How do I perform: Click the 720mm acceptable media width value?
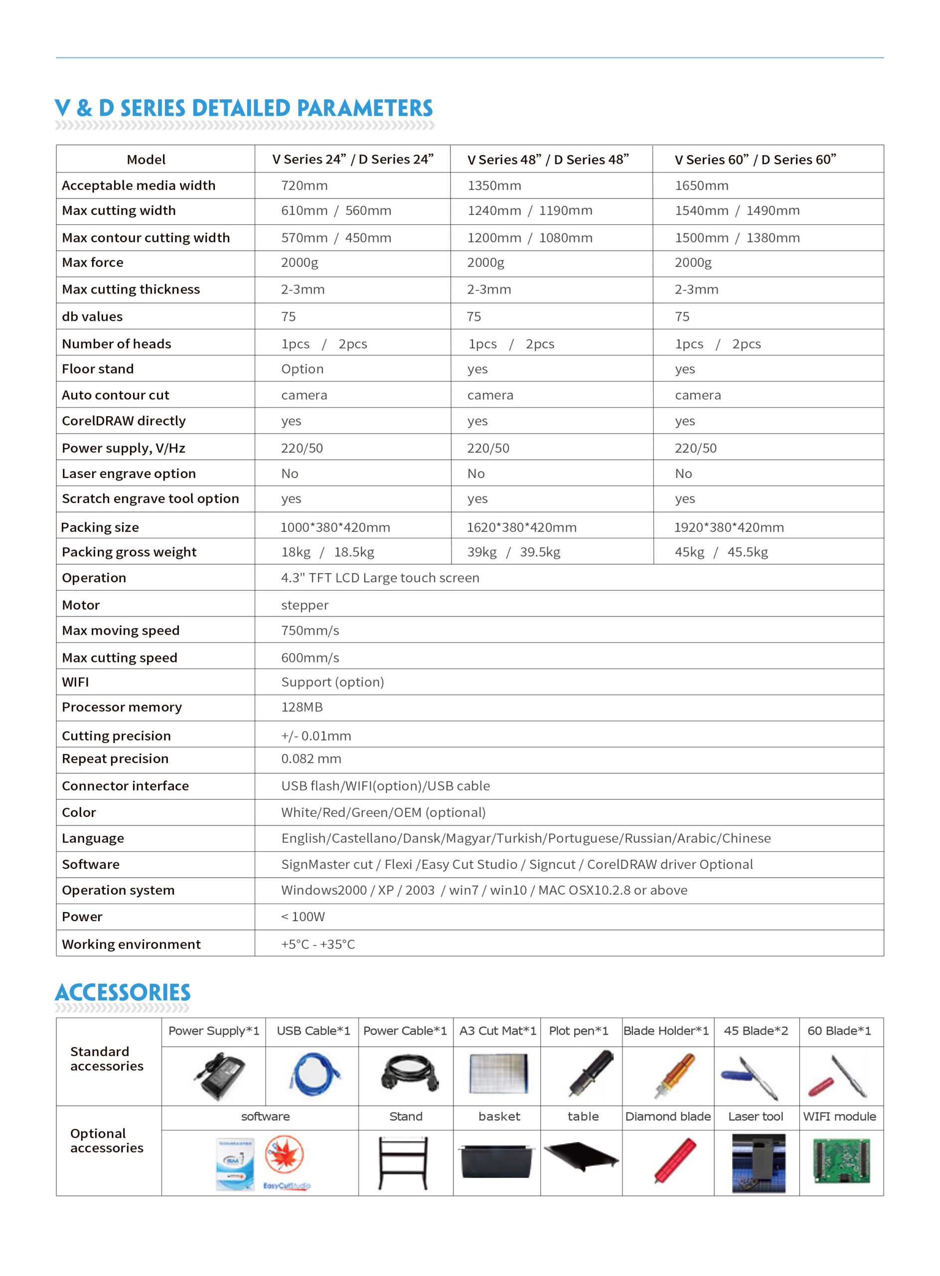[304, 185]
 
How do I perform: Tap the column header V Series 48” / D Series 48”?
[547, 159]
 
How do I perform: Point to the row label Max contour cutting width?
[146, 238]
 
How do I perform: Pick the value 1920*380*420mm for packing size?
[728, 527]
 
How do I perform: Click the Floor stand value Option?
[302, 369]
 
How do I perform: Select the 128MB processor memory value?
[302, 707]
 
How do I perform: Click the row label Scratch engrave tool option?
[150, 498]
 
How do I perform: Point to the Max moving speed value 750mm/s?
[310, 631]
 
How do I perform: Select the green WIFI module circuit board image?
[841, 1161]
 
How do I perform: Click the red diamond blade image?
[675, 1160]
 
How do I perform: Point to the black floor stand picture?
[403, 1162]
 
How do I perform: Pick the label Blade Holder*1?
[666, 1031]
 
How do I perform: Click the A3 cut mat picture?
[498, 1073]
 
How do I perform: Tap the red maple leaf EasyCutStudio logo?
[285, 1155]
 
